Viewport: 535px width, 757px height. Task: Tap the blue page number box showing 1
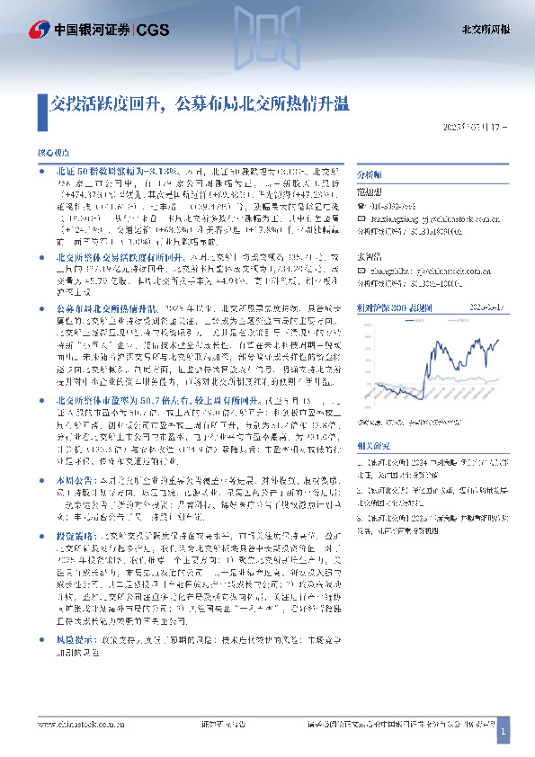click(506, 735)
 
